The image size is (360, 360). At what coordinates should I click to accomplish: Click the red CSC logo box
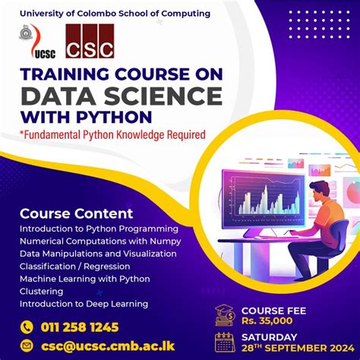90,43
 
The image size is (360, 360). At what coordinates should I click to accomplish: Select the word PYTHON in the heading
113,118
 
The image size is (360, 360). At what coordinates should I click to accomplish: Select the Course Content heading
76,213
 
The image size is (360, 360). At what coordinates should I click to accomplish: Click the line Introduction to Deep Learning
84,304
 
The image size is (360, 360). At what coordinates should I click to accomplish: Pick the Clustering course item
43,291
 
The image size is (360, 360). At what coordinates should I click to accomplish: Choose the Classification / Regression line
74,266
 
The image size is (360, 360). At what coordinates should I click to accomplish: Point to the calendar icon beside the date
224,342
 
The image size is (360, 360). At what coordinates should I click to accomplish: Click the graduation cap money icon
224,314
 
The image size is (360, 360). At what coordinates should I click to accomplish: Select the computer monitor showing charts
259,194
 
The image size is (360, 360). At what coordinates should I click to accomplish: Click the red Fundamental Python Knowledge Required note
113,135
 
